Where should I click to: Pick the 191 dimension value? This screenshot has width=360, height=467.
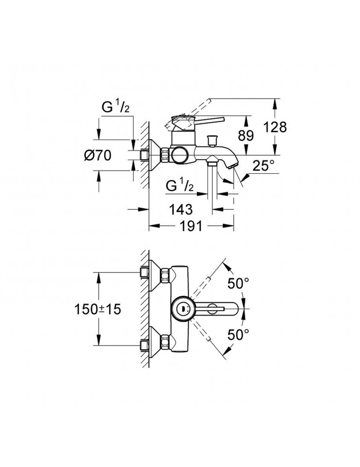191,226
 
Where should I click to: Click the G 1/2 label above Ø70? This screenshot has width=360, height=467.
115,107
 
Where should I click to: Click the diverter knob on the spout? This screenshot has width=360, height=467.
215,138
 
